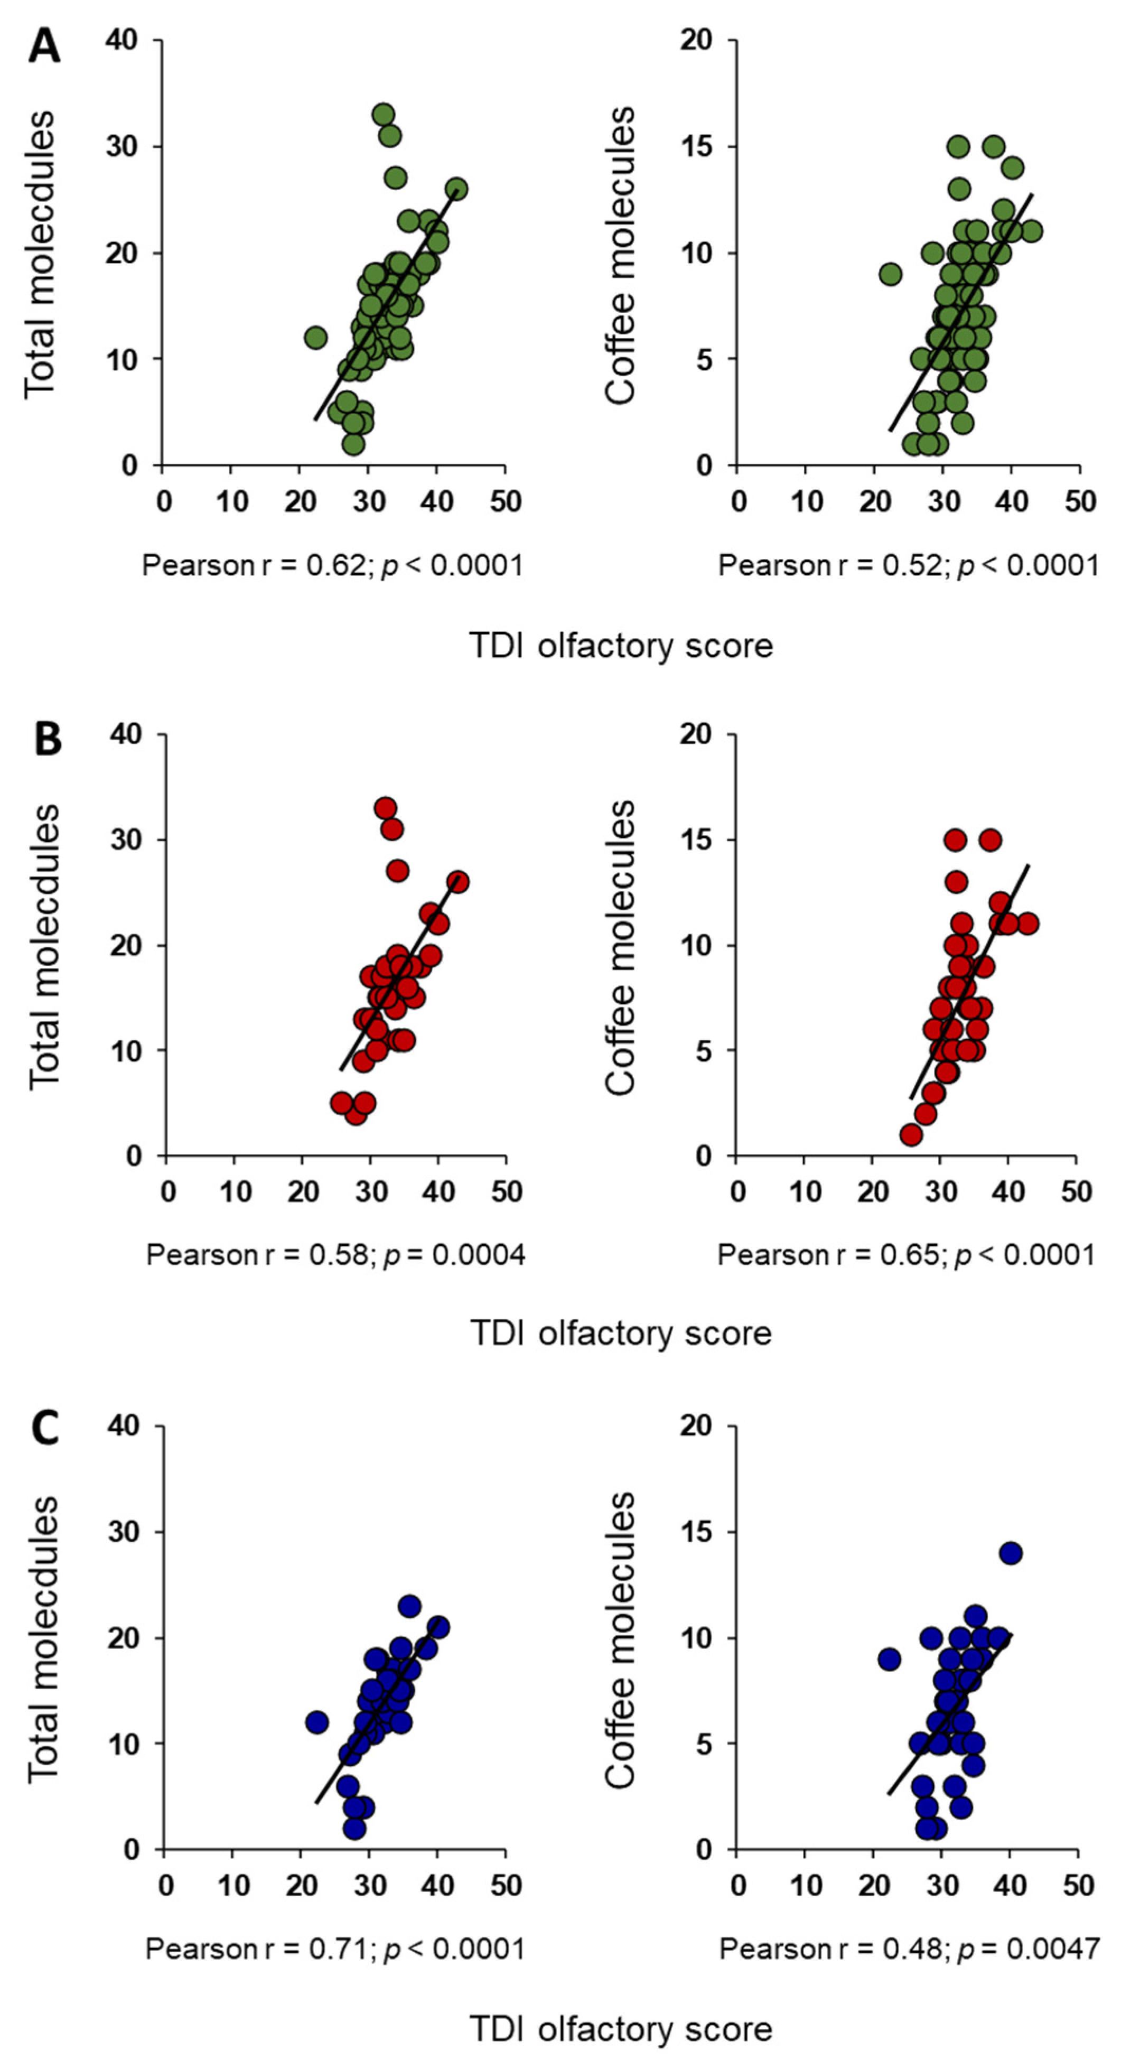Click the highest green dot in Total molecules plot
click(x=384, y=114)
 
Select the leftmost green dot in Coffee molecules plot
click(x=890, y=274)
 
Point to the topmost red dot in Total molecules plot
click(x=386, y=808)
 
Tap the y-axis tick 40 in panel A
click(x=122, y=40)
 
